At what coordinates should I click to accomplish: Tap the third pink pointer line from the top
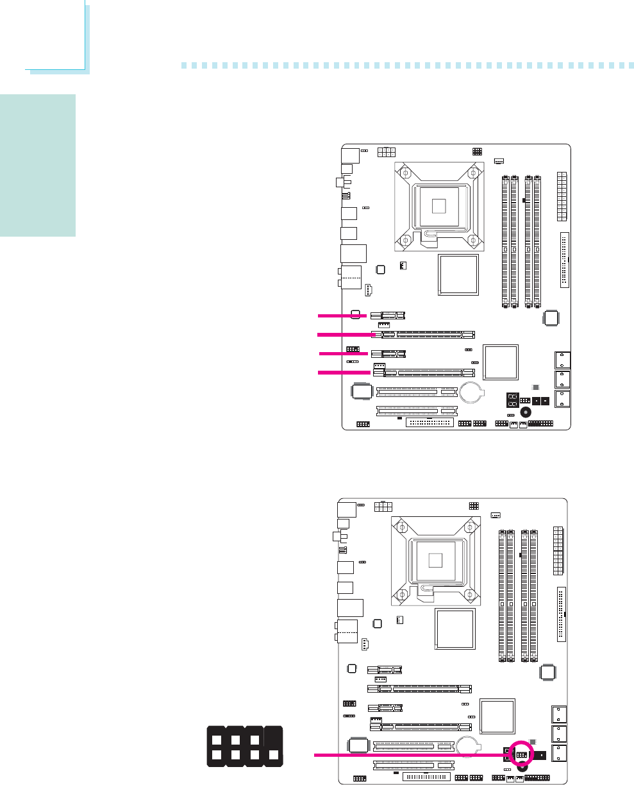(x=344, y=353)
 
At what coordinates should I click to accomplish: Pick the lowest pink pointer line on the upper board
(x=344, y=373)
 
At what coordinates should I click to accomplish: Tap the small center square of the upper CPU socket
(x=438, y=206)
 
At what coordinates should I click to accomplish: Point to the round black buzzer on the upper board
(x=526, y=413)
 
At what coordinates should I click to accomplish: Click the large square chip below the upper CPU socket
(x=457, y=274)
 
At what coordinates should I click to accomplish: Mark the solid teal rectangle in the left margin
(x=38, y=165)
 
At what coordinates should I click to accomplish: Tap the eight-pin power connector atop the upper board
(x=387, y=151)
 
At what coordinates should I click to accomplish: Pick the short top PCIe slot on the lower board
(x=385, y=670)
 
